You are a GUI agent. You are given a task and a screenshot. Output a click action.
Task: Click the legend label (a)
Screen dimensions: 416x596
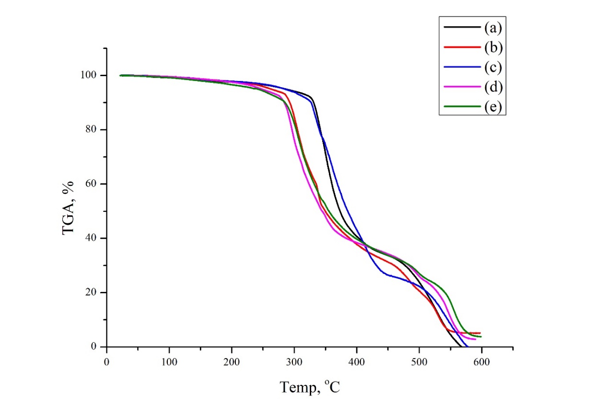click(492, 28)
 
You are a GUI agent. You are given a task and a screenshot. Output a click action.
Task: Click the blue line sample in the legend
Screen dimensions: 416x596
click(462, 67)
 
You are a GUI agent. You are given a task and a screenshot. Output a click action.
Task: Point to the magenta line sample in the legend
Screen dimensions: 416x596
click(462, 87)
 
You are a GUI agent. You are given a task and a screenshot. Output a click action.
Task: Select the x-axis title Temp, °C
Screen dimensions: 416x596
click(310, 386)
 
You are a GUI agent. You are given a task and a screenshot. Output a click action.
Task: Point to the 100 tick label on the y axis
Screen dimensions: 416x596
click(90, 76)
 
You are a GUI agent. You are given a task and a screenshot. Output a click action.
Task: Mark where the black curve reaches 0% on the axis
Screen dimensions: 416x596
click(461, 347)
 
